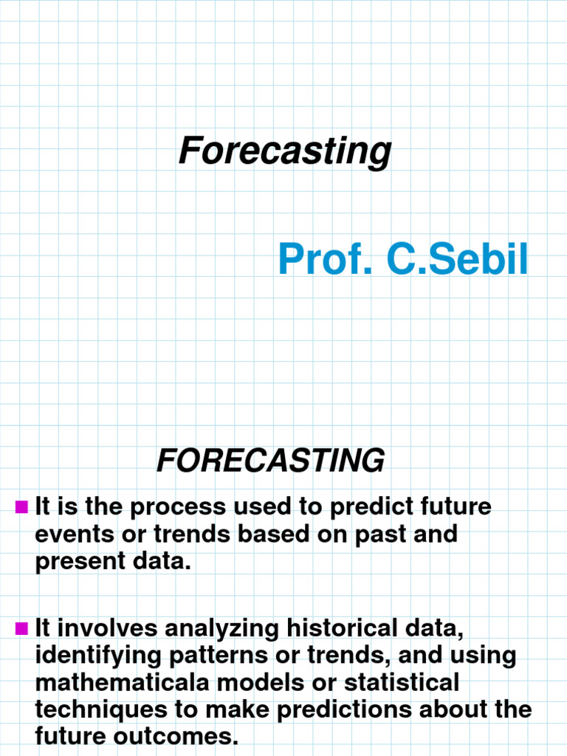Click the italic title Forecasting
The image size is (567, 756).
(x=284, y=151)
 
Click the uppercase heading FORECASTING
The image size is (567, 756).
(x=270, y=461)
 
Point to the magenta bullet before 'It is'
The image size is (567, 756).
(x=21, y=506)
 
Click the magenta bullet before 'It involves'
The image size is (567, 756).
(x=21, y=628)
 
